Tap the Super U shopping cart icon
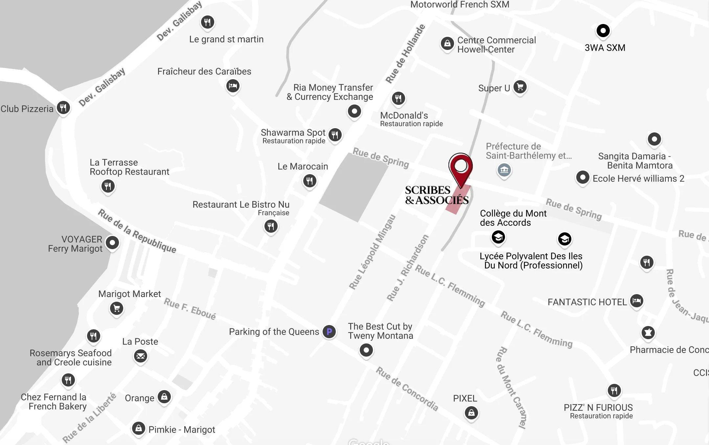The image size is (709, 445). click(520, 87)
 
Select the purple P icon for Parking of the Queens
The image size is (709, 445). click(329, 332)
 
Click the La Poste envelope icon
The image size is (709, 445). click(141, 356)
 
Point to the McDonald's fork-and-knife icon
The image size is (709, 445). click(398, 98)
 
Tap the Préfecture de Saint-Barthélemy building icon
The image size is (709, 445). click(504, 170)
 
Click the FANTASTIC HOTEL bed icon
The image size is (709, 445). click(636, 301)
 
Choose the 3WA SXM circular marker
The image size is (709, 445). click(603, 31)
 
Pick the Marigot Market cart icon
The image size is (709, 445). click(117, 308)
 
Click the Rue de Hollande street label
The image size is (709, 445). click(405, 54)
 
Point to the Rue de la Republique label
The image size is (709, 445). click(137, 231)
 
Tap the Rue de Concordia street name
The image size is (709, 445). click(407, 389)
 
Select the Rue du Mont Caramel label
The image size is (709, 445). click(511, 388)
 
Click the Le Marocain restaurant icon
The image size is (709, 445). click(309, 181)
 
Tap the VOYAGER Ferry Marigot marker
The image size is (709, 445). click(112, 243)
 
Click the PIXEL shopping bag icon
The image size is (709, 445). click(471, 412)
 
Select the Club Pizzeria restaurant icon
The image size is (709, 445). click(63, 107)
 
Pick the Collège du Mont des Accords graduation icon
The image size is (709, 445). click(498, 237)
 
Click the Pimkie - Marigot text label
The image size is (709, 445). click(182, 430)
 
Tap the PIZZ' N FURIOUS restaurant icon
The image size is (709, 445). click(614, 390)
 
